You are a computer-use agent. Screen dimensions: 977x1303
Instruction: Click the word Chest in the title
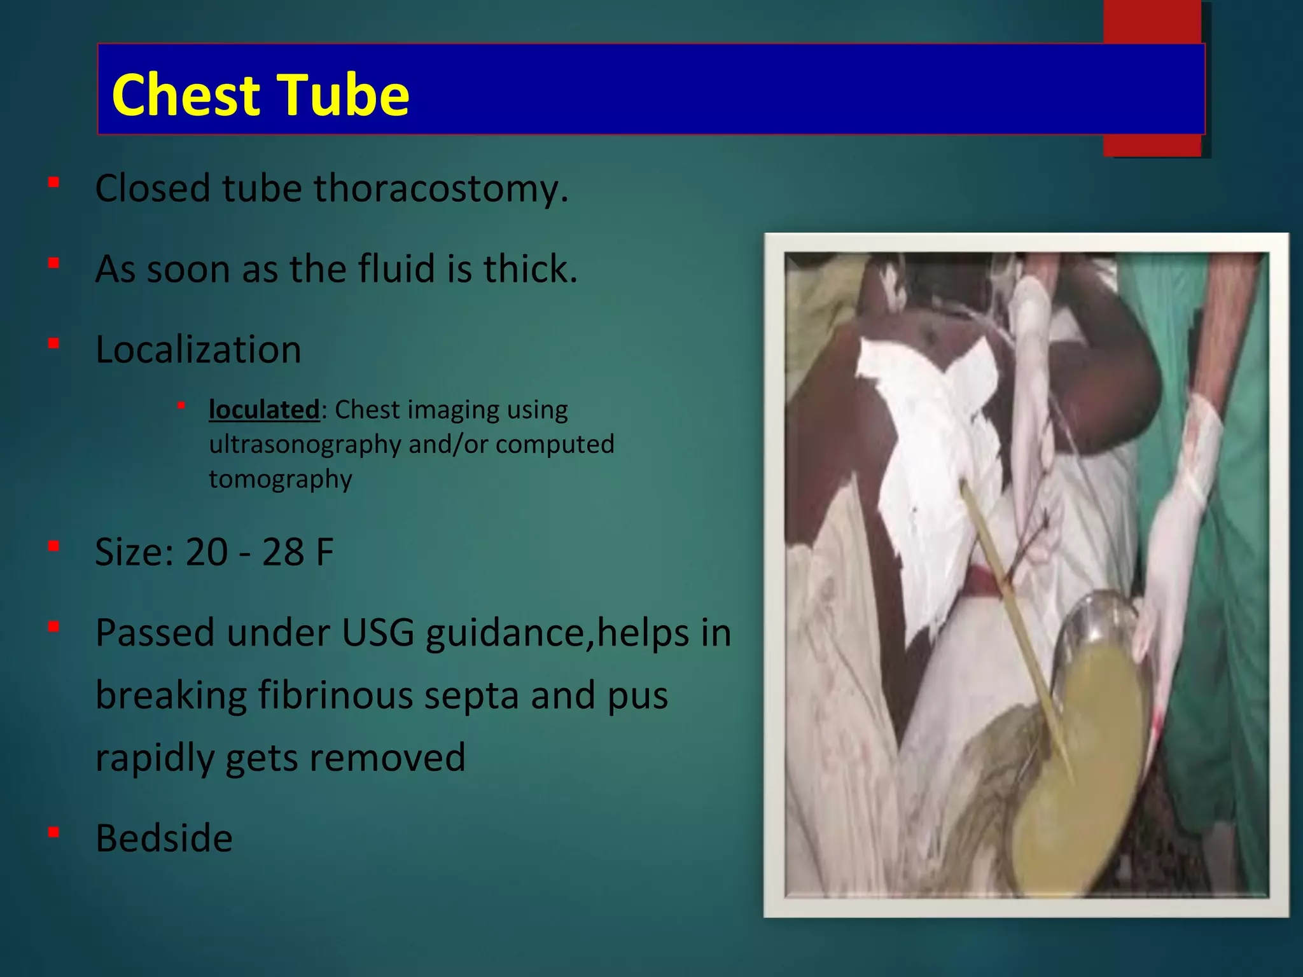[185, 95]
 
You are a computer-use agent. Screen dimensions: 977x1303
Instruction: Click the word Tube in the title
[344, 95]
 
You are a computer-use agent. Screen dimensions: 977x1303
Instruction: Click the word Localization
[198, 350]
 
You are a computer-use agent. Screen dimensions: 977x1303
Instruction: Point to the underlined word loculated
[264, 410]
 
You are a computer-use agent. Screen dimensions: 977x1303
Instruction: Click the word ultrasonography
[306, 445]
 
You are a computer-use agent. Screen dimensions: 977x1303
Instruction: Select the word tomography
[280, 479]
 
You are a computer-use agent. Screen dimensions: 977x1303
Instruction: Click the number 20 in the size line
[206, 552]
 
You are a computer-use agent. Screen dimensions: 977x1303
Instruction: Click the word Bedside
[164, 838]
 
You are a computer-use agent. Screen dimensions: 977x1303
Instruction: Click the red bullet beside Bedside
[54, 832]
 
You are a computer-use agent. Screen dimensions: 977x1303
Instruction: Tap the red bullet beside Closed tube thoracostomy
[54, 183]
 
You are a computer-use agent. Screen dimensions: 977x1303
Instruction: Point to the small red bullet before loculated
[181, 405]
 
